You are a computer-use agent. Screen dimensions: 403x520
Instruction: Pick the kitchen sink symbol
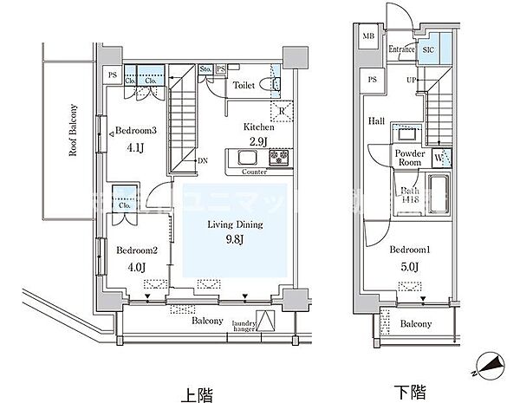(x=244, y=158)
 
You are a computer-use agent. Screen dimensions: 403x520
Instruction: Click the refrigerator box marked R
(x=283, y=109)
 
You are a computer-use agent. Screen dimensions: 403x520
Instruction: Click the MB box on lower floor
(x=368, y=37)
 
